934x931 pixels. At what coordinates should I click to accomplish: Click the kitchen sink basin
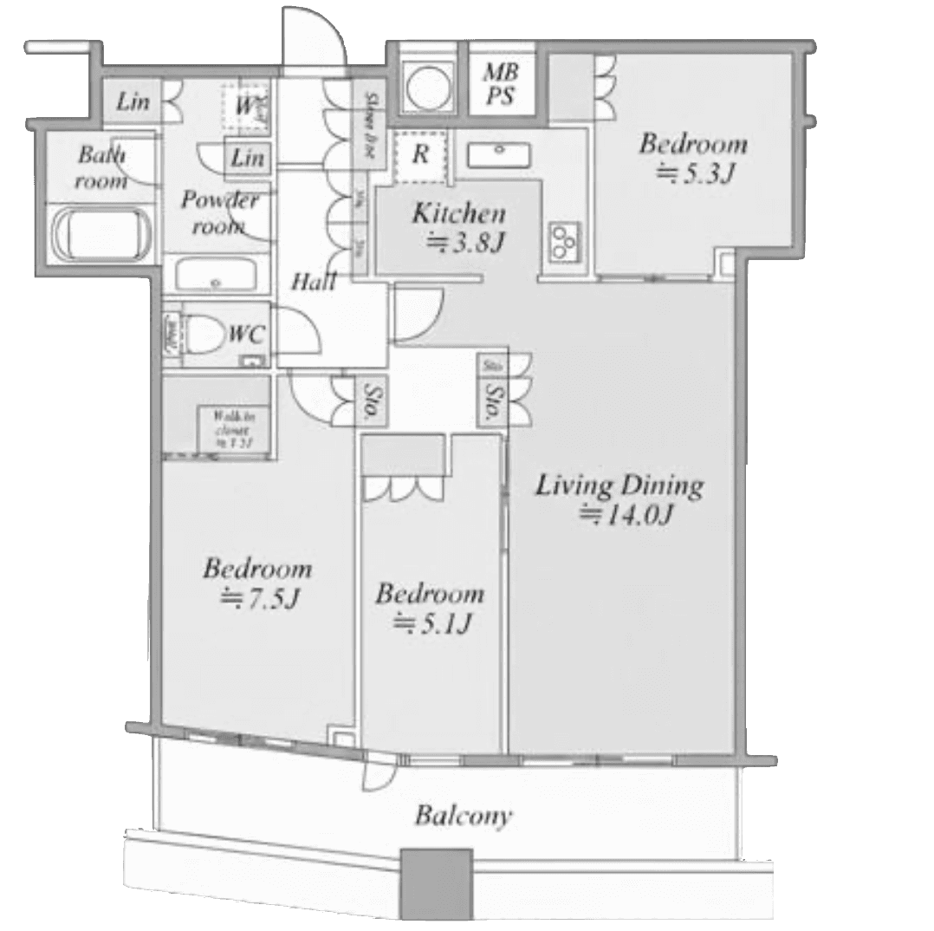pos(500,154)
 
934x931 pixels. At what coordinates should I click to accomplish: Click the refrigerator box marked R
pos(420,156)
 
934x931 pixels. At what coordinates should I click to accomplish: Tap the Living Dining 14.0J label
pos(619,498)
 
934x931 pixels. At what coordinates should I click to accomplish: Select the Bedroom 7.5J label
pos(257,583)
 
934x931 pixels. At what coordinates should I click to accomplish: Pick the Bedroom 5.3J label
pos(693,157)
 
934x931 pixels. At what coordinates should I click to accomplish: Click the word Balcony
pos(463,816)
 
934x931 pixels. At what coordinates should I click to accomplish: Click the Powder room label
pos(219,212)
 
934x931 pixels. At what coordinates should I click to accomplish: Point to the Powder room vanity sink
pos(216,277)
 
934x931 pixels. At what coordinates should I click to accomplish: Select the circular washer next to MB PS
pos(426,85)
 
